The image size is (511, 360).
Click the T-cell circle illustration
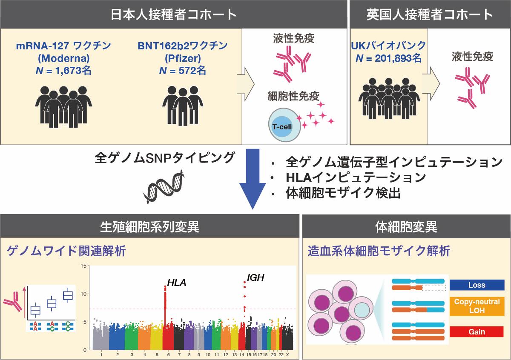(284, 125)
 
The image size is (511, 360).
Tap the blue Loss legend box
(477, 285)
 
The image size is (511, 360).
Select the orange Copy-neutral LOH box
(477, 306)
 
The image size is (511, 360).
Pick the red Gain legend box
(477, 331)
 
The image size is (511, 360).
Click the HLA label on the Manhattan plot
(177, 283)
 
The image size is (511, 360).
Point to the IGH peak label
(255, 278)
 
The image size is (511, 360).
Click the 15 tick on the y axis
(83, 266)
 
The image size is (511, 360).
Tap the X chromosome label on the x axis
(287, 355)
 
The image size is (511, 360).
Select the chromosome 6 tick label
(168, 355)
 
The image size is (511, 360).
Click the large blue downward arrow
(253, 179)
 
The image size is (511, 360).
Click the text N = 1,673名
(63, 71)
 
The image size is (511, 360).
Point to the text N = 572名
(183, 71)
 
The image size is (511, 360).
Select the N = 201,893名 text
(388, 58)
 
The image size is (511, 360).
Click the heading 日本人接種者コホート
(174, 14)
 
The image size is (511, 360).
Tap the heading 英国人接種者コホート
(430, 14)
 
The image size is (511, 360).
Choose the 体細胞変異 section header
(406, 227)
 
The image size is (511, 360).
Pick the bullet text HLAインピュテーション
(356, 177)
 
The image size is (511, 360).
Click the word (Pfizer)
(183, 58)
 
